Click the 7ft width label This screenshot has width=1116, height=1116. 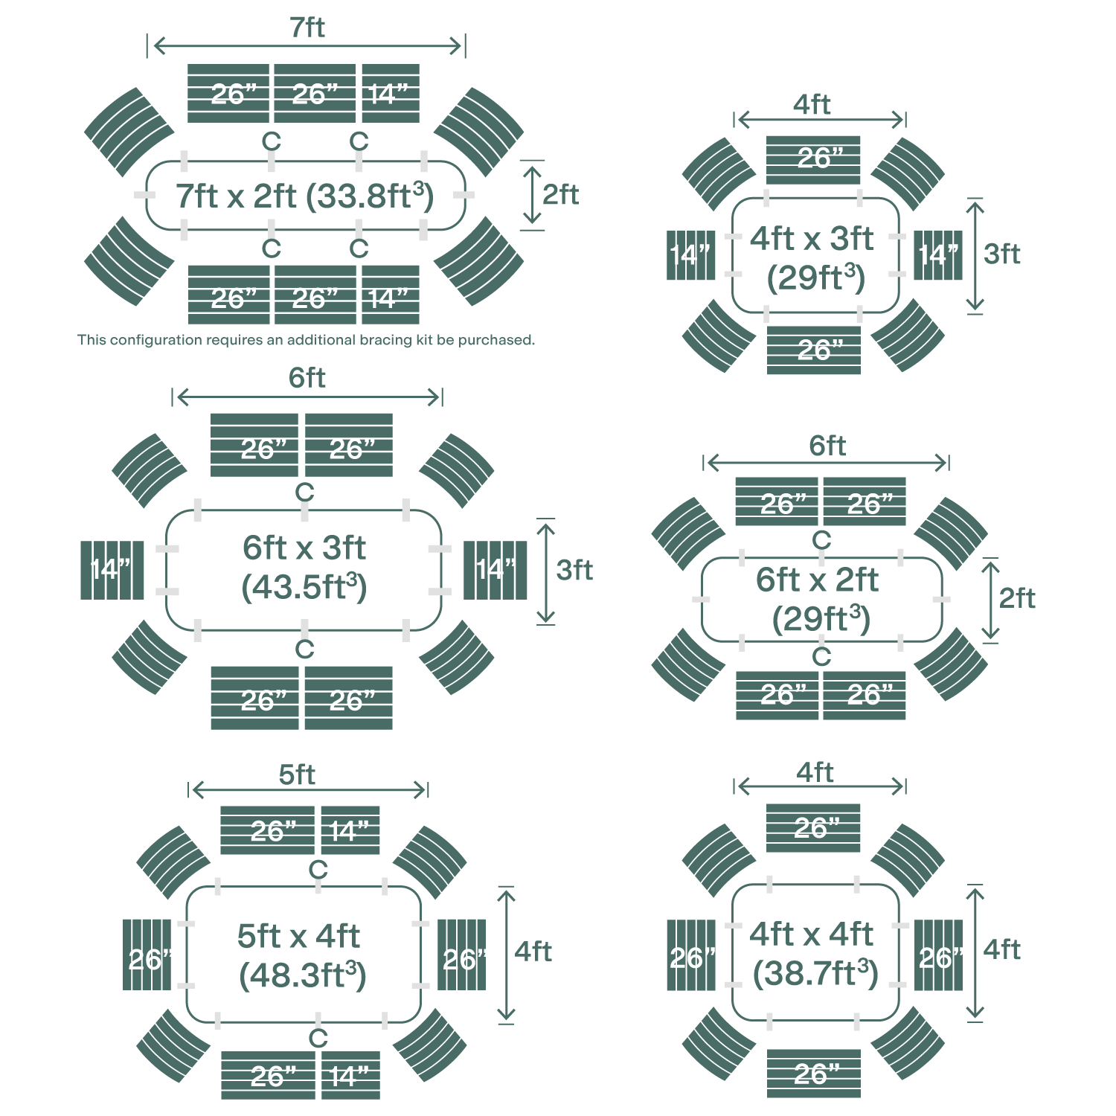pos(307,28)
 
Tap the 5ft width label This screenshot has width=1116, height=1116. pos(297,775)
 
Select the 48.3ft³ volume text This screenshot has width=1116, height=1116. pos(303,975)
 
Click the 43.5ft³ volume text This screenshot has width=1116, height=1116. pos(304,587)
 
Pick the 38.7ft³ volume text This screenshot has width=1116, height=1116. pos(815,972)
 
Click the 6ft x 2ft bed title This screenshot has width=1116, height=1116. pos(817,580)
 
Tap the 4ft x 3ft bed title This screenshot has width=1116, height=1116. pos(812,239)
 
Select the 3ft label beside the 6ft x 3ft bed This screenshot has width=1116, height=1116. pos(574,570)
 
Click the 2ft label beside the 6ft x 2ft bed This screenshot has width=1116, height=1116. pos(1017,598)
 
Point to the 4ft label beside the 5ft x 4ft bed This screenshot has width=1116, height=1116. pos(533,951)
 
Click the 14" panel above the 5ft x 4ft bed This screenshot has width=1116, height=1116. pos(350,830)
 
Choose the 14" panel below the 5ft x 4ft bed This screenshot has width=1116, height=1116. pos(350,1075)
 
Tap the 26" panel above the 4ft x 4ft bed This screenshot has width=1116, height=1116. pos(814,827)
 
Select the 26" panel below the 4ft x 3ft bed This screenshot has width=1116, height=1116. pos(814,350)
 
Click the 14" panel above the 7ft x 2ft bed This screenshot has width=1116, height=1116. pos(391,94)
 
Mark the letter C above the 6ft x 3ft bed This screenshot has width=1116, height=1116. pos(304,493)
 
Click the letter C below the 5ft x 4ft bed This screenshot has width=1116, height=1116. pos(318,1039)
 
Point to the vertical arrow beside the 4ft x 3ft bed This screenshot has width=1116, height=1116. pos(975,255)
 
